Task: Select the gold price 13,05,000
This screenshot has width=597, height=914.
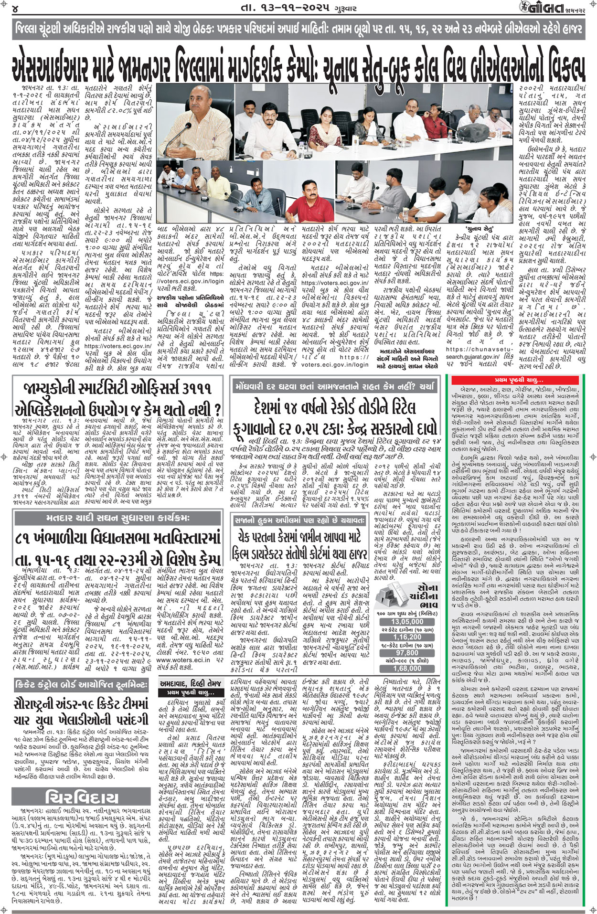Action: pyautogui.click(x=407, y=621)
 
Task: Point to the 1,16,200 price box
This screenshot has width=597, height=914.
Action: pyautogui.click(x=407, y=637)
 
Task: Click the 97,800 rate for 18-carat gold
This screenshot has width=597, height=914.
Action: pyautogui.click(x=407, y=653)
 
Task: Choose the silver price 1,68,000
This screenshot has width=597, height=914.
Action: pyautogui.click(x=407, y=669)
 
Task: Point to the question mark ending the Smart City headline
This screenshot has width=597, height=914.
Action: pyautogui.click(x=217, y=409)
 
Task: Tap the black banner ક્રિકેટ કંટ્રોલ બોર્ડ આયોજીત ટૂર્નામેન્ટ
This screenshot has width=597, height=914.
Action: pyautogui.click(x=82, y=685)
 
